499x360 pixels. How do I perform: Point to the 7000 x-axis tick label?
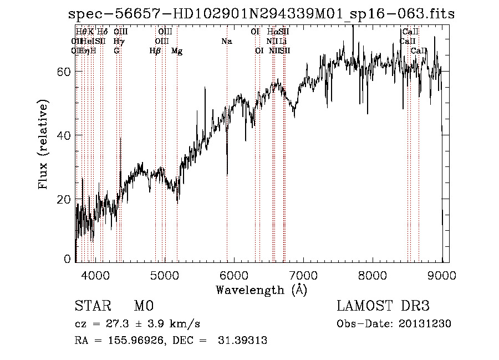(x=303, y=275)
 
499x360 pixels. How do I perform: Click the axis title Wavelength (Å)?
(x=261, y=290)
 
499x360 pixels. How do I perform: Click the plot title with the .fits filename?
(x=261, y=14)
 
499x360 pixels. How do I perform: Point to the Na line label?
(x=226, y=42)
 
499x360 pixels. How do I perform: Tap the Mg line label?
(x=177, y=51)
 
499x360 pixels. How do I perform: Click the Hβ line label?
(x=155, y=51)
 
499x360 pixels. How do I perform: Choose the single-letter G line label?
(x=116, y=51)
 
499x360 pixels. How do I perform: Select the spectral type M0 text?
(x=143, y=306)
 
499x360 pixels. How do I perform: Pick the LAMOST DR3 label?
(x=383, y=306)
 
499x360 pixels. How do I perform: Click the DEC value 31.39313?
(x=243, y=341)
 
